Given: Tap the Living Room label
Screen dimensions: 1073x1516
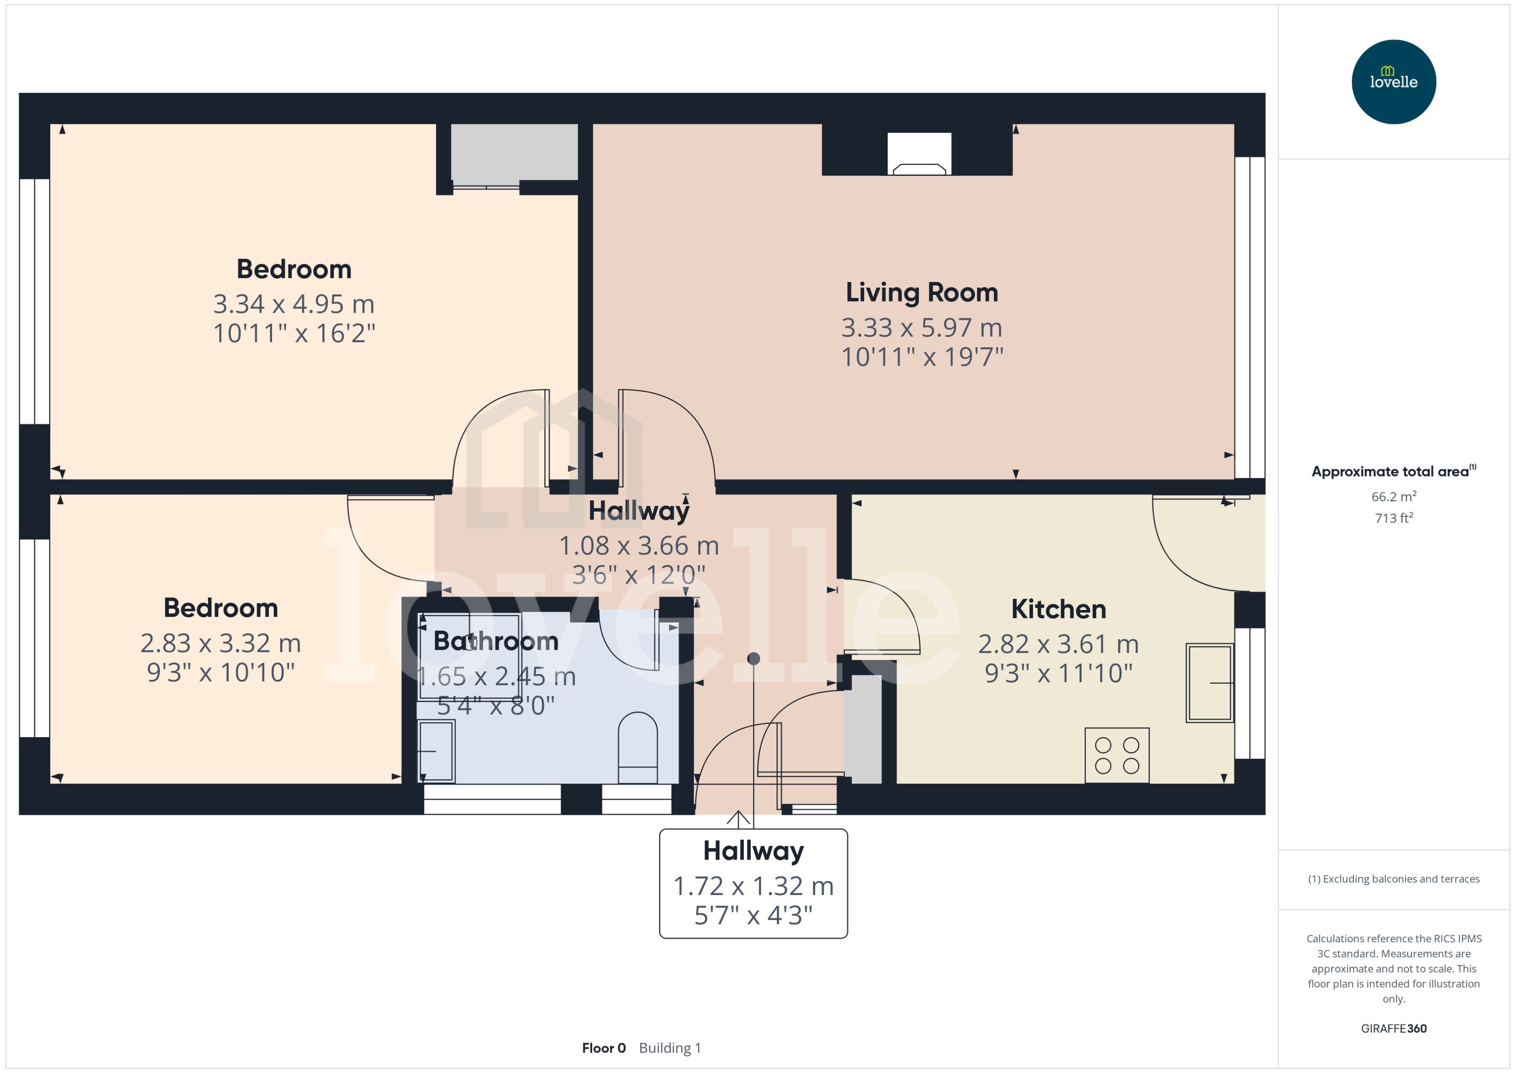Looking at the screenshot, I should tap(921, 293).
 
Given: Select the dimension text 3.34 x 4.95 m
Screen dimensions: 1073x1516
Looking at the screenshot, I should tap(294, 305).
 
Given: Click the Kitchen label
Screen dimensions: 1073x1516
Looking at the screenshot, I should tap(1058, 609).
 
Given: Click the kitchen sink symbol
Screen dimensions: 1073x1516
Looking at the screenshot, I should tap(1209, 683).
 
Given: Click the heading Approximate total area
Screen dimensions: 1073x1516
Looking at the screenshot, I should tap(1390, 472).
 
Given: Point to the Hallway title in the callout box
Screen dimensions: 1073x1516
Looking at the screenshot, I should tap(753, 851).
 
